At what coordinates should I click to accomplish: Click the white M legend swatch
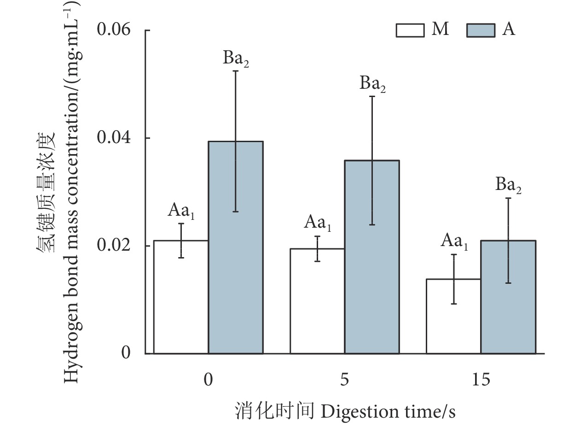[x=410, y=30]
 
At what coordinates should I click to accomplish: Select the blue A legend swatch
[x=481, y=30]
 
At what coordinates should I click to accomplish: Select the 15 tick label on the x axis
[x=481, y=380]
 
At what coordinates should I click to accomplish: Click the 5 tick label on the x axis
[x=345, y=380]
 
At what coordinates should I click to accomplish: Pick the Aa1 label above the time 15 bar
[x=454, y=241]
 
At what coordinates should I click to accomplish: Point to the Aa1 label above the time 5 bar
[x=318, y=224]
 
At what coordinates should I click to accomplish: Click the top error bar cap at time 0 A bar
[x=236, y=71]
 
